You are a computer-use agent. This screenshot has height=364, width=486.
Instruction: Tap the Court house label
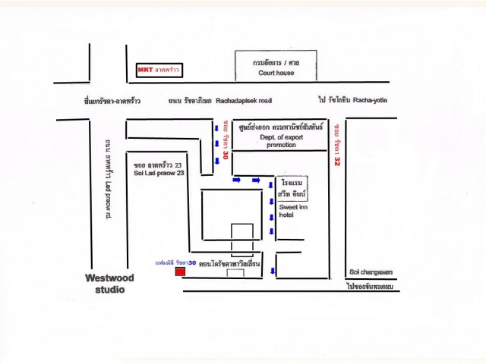click(275, 74)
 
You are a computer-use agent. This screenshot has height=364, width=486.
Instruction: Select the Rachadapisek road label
click(243, 99)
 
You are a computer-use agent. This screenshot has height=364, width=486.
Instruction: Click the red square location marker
click(180, 271)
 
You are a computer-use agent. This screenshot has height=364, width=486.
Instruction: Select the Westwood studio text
click(109, 284)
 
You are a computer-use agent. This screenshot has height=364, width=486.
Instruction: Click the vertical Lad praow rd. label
click(107, 179)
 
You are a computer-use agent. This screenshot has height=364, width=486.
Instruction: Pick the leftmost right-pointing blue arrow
click(237, 180)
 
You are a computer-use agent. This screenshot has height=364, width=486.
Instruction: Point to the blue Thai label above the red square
click(175, 262)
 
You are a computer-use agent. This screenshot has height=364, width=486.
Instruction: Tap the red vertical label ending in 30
click(226, 143)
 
